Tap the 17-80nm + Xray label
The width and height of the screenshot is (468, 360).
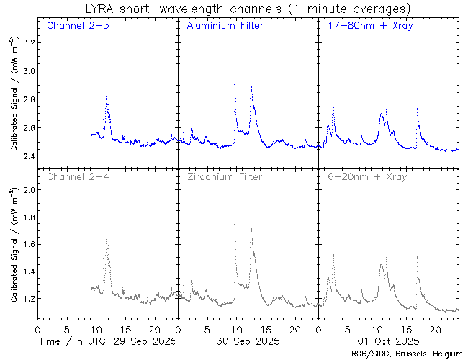(363, 27)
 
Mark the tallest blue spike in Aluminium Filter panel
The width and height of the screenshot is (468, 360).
(235, 63)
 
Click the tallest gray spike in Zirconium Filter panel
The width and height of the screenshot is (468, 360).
(235, 196)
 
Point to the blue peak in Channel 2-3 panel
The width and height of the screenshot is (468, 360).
(106, 97)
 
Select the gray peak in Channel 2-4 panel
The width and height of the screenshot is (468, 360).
(107, 240)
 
